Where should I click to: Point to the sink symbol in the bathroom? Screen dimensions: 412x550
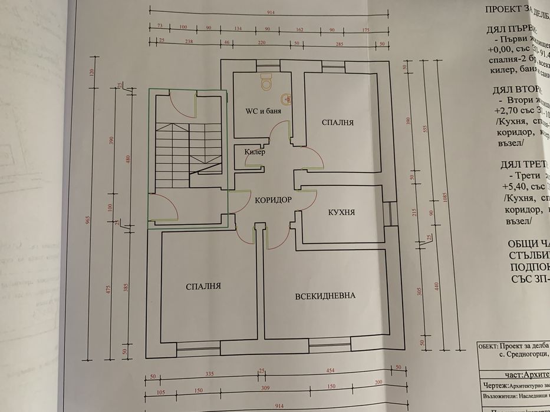coord(286,98)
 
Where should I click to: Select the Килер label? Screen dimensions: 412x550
coord(255,152)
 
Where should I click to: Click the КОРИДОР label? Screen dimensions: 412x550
coord(274,200)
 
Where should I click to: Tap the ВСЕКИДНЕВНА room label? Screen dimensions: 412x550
coord(325,295)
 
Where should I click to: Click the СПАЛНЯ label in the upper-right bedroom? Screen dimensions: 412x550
coord(337,122)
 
